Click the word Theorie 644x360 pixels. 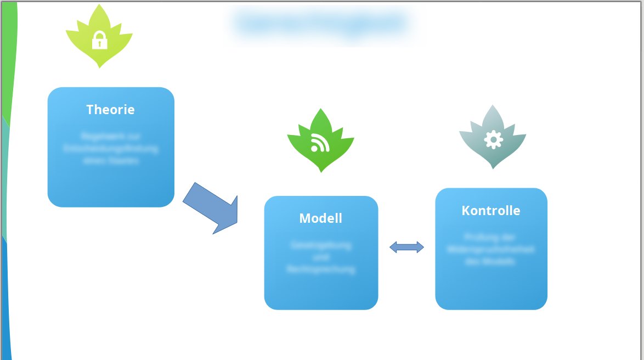coord(110,110)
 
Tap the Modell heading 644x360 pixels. coord(320,218)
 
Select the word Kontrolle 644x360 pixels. coord(491,211)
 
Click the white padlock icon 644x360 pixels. coord(99,40)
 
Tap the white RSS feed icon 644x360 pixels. coord(320,143)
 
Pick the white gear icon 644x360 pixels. coord(493,139)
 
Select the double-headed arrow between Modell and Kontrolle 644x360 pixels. coord(406,248)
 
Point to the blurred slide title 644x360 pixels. coord(321,24)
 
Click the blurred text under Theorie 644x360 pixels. coord(111,148)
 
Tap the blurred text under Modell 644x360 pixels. coord(321,257)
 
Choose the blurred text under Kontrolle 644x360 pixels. coord(491,250)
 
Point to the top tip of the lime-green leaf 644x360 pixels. coord(99,5)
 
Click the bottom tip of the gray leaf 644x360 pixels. coord(493,168)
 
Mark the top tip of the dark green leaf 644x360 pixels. coord(320,109)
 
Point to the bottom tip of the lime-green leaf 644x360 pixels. coord(99,67)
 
